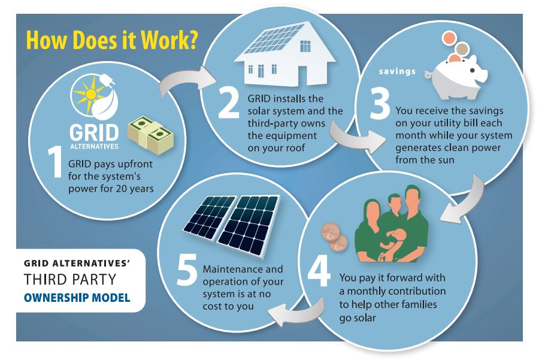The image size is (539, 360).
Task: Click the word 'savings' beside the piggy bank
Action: pyautogui.click(x=397, y=72)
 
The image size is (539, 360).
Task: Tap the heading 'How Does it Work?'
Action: pyautogui.click(x=113, y=41)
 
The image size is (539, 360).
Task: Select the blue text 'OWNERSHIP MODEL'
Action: pyautogui.click(x=77, y=297)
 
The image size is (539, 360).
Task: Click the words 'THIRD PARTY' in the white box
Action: pyautogui.click(x=70, y=280)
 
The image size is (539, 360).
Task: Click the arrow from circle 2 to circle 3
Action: pyautogui.click(x=362, y=137)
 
